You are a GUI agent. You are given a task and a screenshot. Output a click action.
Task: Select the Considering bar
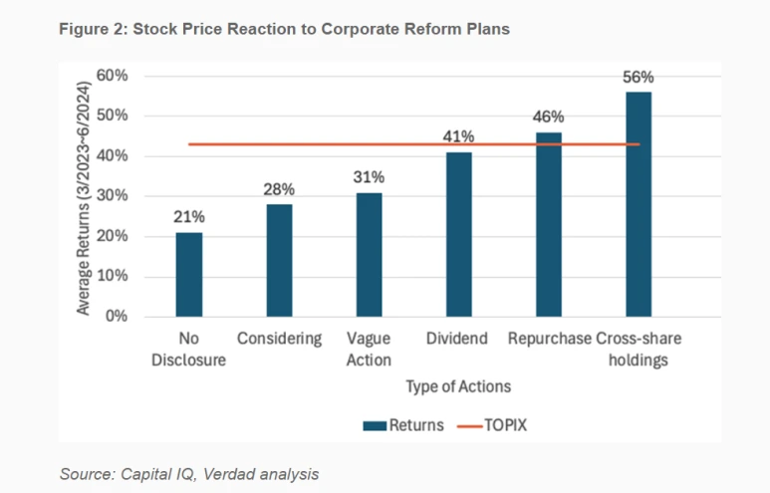(279, 260)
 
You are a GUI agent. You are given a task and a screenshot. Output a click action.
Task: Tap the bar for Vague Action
(369, 254)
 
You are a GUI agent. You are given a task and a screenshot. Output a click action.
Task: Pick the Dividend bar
(458, 234)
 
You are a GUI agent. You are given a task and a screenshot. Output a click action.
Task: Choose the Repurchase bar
(548, 224)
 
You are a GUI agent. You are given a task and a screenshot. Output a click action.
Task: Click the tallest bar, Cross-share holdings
(638, 204)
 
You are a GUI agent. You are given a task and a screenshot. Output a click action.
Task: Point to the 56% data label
(638, 78)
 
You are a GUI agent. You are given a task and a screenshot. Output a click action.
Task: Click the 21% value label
(189, 218)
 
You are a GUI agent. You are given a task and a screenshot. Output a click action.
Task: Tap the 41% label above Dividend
(458, 137)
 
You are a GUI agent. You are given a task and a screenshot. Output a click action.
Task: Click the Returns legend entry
(403, 425)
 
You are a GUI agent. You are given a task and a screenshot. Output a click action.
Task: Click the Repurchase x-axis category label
(549, 339)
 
